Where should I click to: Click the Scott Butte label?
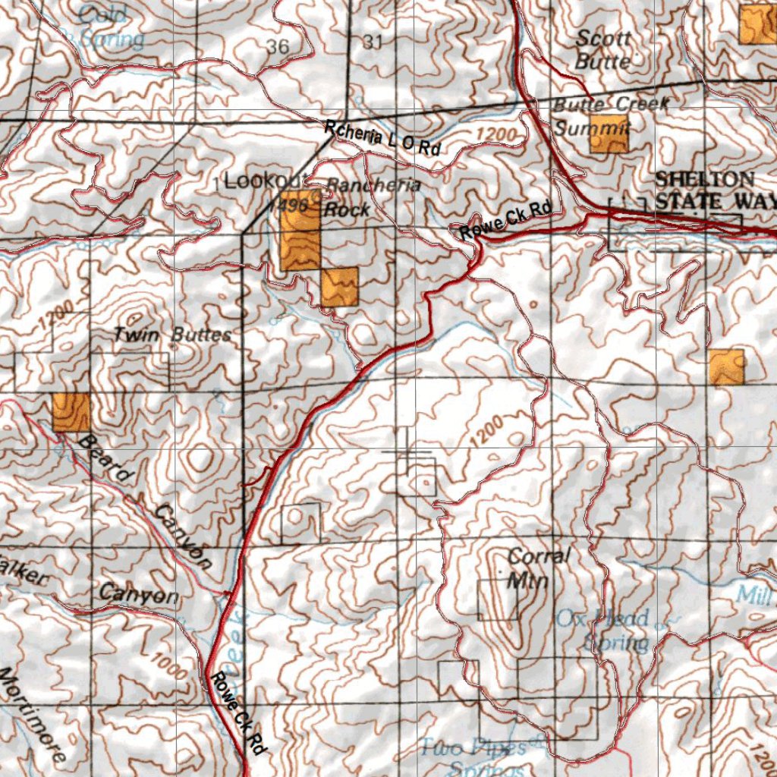(602, 49)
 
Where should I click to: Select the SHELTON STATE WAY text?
(713, 190)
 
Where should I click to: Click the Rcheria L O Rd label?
(382, 139)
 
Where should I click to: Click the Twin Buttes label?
(172, 334)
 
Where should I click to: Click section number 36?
(278, 47)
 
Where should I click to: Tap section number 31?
(372, 42)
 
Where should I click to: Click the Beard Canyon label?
(144, 501)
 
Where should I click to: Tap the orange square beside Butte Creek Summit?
(609, 134)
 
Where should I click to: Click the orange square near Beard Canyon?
(71, 412)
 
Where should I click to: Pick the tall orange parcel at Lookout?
(300, 231)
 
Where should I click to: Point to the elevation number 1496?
(293, 206)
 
